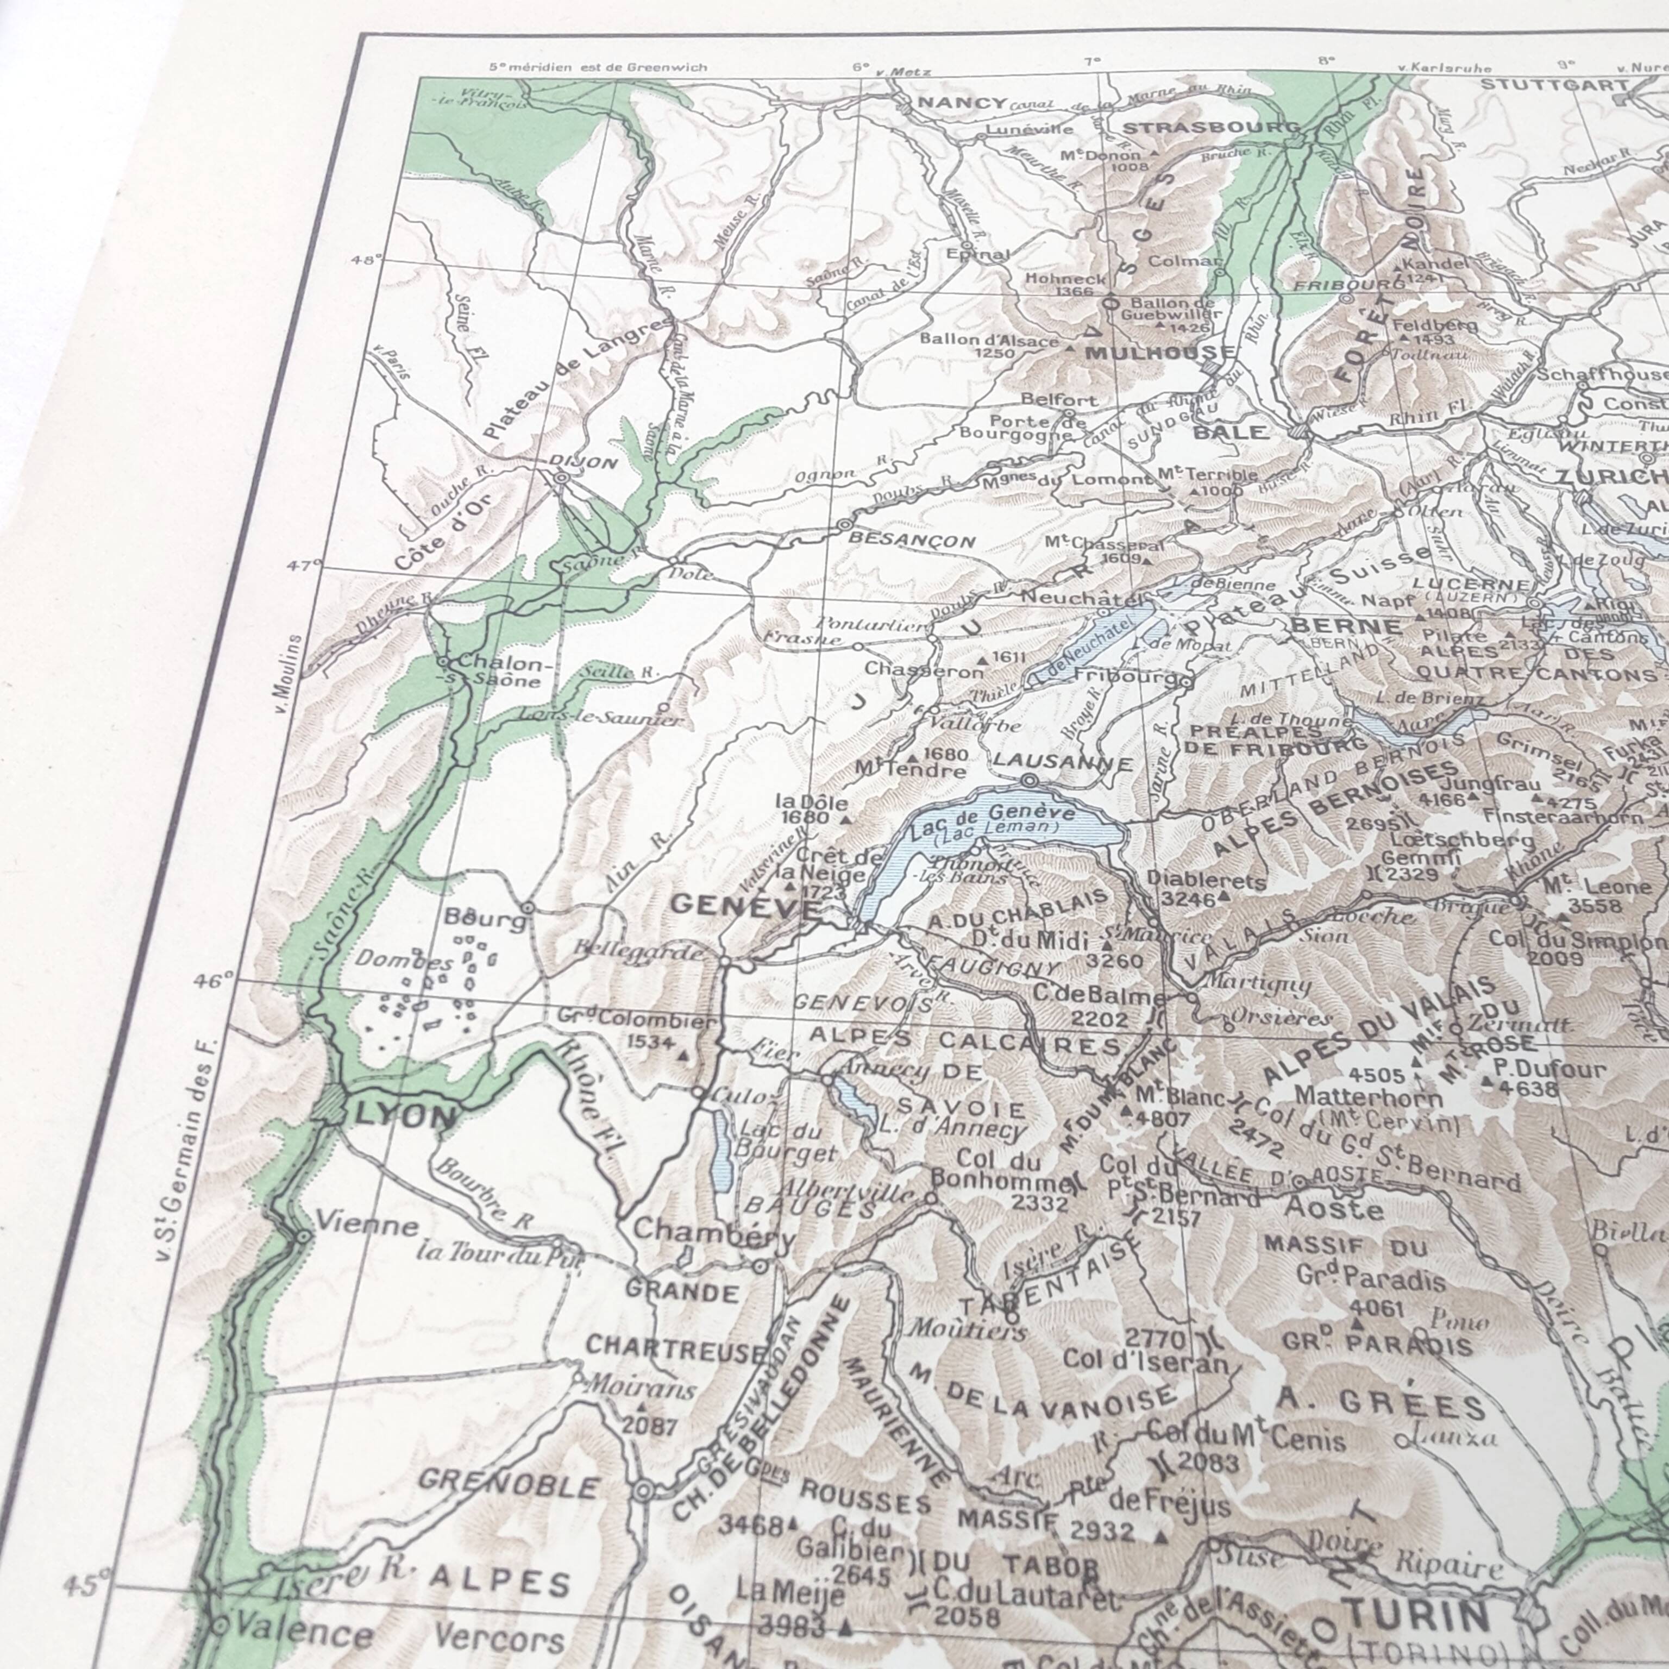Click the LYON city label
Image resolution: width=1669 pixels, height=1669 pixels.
click(x=404, y=1117)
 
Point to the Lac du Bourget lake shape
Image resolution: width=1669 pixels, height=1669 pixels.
click(x=722, y=1149)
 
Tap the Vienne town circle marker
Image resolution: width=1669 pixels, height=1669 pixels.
click(x=303, y=1237)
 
